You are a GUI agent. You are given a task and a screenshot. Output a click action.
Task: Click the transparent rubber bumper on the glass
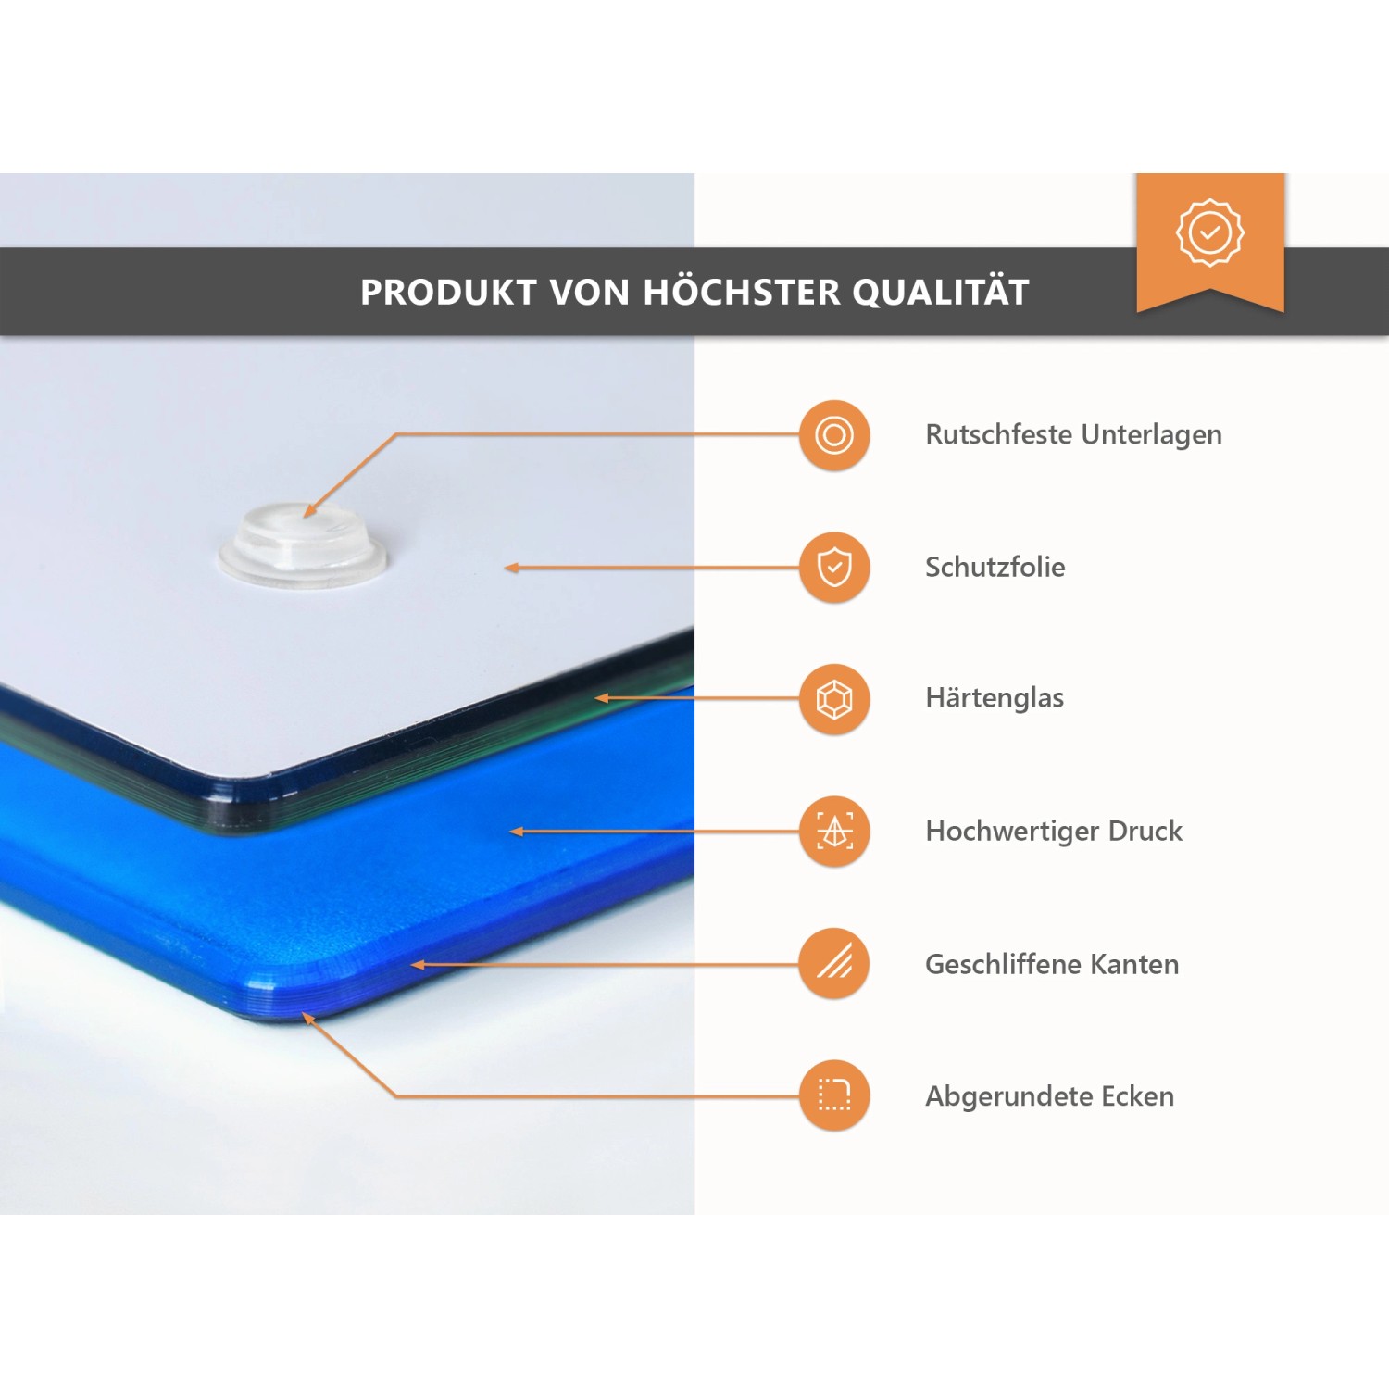point(303,545)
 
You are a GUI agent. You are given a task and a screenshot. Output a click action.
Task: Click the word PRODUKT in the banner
point(448,293)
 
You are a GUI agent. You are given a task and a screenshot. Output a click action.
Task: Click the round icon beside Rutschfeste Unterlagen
point(834,435)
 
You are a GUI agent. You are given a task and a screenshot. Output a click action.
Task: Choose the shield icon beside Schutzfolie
point(834,567)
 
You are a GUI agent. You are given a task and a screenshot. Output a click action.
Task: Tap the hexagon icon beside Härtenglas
point(834,699)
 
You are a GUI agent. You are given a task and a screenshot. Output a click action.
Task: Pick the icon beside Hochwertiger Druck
point(834,832)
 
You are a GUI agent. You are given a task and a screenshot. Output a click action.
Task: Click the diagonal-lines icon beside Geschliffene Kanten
point(834,963)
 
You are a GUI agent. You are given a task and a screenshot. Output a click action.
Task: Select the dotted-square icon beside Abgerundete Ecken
point(834,1095)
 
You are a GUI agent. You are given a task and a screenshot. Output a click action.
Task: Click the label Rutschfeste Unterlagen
point(1073,435)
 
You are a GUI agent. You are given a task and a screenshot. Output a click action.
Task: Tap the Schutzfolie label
point(995,567)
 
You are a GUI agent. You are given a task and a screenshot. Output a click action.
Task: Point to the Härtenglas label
point(995,698)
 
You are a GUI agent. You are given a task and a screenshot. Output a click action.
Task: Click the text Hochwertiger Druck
point(1054,832)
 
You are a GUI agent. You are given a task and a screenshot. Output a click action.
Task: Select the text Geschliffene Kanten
point(1052,964)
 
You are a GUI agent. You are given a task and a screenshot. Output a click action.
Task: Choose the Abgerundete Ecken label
point(1049,1096)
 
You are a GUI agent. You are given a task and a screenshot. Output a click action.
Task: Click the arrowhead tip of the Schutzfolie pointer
point(506,568)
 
